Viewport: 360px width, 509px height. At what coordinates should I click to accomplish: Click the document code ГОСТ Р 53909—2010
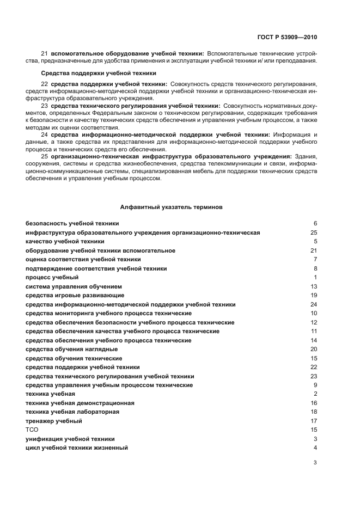[x=286, y=38]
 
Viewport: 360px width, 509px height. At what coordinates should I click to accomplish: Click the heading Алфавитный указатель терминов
[x=170, y=207]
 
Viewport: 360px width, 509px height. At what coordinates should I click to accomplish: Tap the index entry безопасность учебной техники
[x=72, y=224]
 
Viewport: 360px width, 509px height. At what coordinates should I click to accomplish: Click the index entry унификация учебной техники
[x=70, y=439]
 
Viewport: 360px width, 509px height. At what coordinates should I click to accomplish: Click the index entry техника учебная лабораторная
[x=72, y=412]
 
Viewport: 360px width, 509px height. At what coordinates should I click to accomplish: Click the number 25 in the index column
[x=313, y=232]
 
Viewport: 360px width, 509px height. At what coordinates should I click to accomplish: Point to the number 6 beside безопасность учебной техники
[x=315, y=224]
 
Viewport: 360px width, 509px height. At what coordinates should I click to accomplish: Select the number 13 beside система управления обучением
[x=313, y=286]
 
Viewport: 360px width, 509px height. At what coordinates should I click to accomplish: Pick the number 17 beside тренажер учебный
[x=313, y=421]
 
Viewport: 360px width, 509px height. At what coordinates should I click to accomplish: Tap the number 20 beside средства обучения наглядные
[x=313, y=349]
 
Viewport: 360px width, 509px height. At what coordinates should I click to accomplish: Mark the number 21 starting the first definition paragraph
[x=45, y=54]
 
